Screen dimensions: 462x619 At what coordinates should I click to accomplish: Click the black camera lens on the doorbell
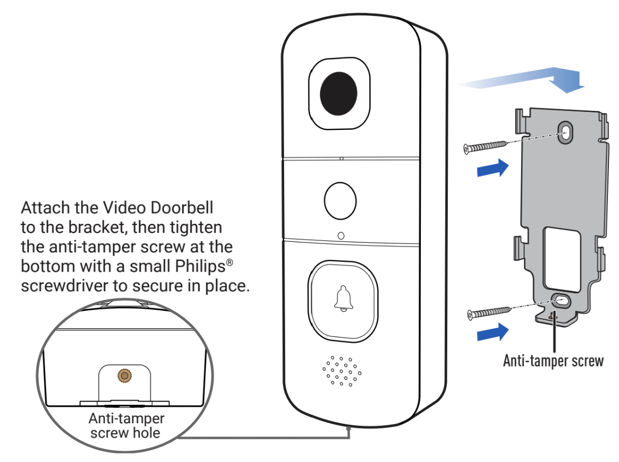tap(339, 94)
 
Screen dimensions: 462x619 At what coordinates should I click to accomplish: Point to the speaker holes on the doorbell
tap(342, 370)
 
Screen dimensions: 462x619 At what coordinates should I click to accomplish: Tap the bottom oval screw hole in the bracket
tap(560, 301)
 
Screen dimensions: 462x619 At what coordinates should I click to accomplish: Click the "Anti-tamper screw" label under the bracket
tap(553, 361)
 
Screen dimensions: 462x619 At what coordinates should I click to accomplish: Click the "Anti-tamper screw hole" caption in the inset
tap(126, 425)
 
